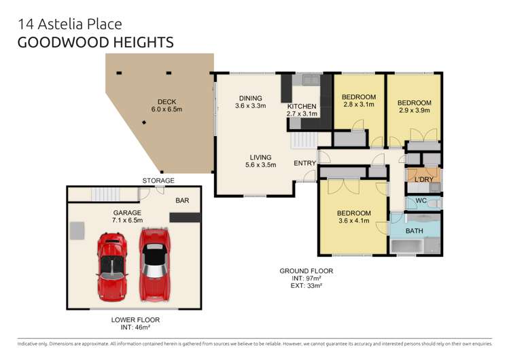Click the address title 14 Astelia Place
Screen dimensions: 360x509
tap(70, 24)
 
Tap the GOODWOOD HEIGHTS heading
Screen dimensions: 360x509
tap(95, 42)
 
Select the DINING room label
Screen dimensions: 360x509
tap(249, 97)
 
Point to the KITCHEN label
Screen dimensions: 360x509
tap(302, 107)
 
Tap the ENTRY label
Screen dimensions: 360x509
tap(304, 163)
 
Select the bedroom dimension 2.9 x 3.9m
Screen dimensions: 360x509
tap(414, 111)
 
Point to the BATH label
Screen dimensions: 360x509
tap(415, 231)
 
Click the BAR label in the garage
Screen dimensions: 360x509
tap(182, 200)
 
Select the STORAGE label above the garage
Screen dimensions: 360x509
tap(158, 181)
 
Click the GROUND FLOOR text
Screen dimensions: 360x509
tap(306, 271)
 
